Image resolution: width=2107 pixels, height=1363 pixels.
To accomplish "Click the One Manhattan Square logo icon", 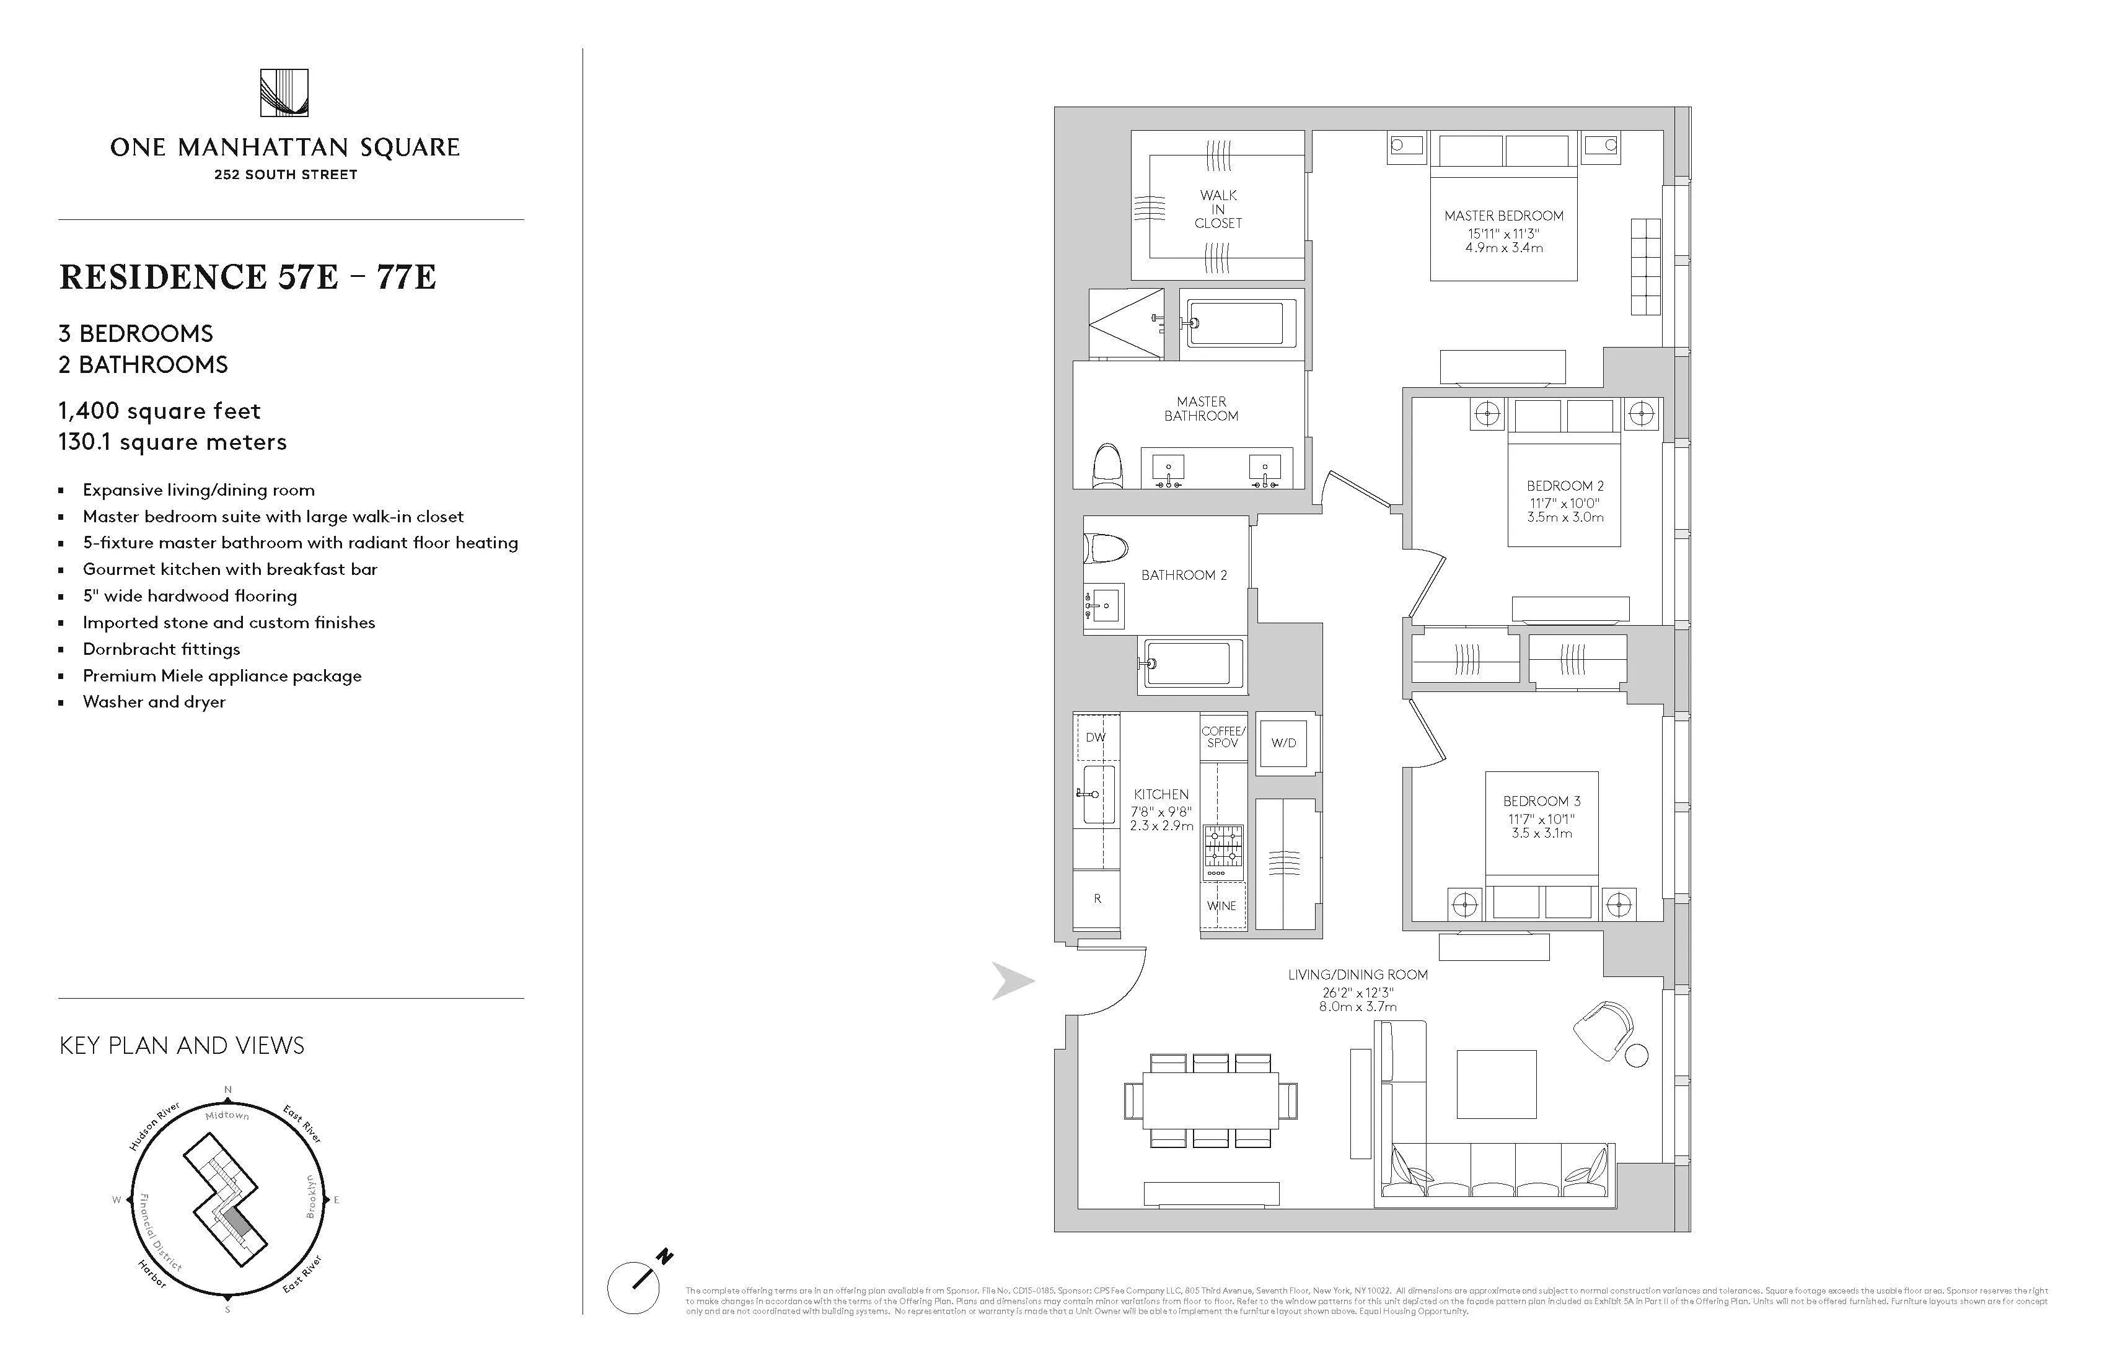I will (x=284, y=93).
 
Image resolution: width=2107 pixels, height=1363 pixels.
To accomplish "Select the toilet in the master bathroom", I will (x=1107, y=467).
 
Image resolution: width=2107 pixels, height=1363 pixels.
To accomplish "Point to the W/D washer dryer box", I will (x=1283, y=743).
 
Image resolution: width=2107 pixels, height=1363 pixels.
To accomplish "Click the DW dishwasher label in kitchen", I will (x=1095, y=737).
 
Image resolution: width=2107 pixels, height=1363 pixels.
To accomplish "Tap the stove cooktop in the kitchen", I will (x=1223, y=847).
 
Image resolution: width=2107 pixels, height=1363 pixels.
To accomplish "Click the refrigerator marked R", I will (x=1097, y=899).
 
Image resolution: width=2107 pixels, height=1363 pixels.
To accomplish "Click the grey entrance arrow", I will (x=1012, y=981).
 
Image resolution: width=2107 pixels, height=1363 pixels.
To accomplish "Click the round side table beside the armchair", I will (x=1637, y=1056).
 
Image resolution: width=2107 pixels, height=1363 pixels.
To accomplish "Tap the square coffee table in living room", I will (x=1496, y=1084).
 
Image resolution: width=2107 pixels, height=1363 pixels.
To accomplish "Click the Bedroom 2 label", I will (x=1564, y=486).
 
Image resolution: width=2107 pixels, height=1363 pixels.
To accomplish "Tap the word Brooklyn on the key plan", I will (x=310, y=1196).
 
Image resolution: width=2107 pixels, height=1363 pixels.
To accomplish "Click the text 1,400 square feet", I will (x=159, y=411).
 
